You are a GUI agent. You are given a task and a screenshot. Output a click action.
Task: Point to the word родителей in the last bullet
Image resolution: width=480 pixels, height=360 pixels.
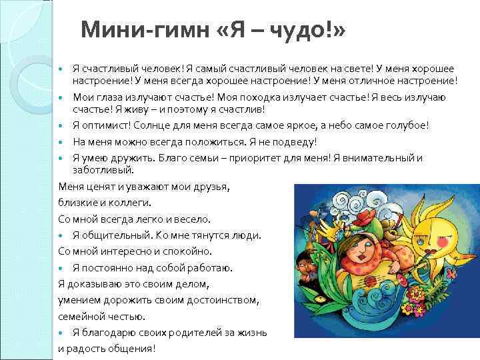coord(182,332)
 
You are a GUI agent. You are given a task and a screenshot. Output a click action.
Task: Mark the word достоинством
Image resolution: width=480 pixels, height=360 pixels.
coord(223,300)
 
